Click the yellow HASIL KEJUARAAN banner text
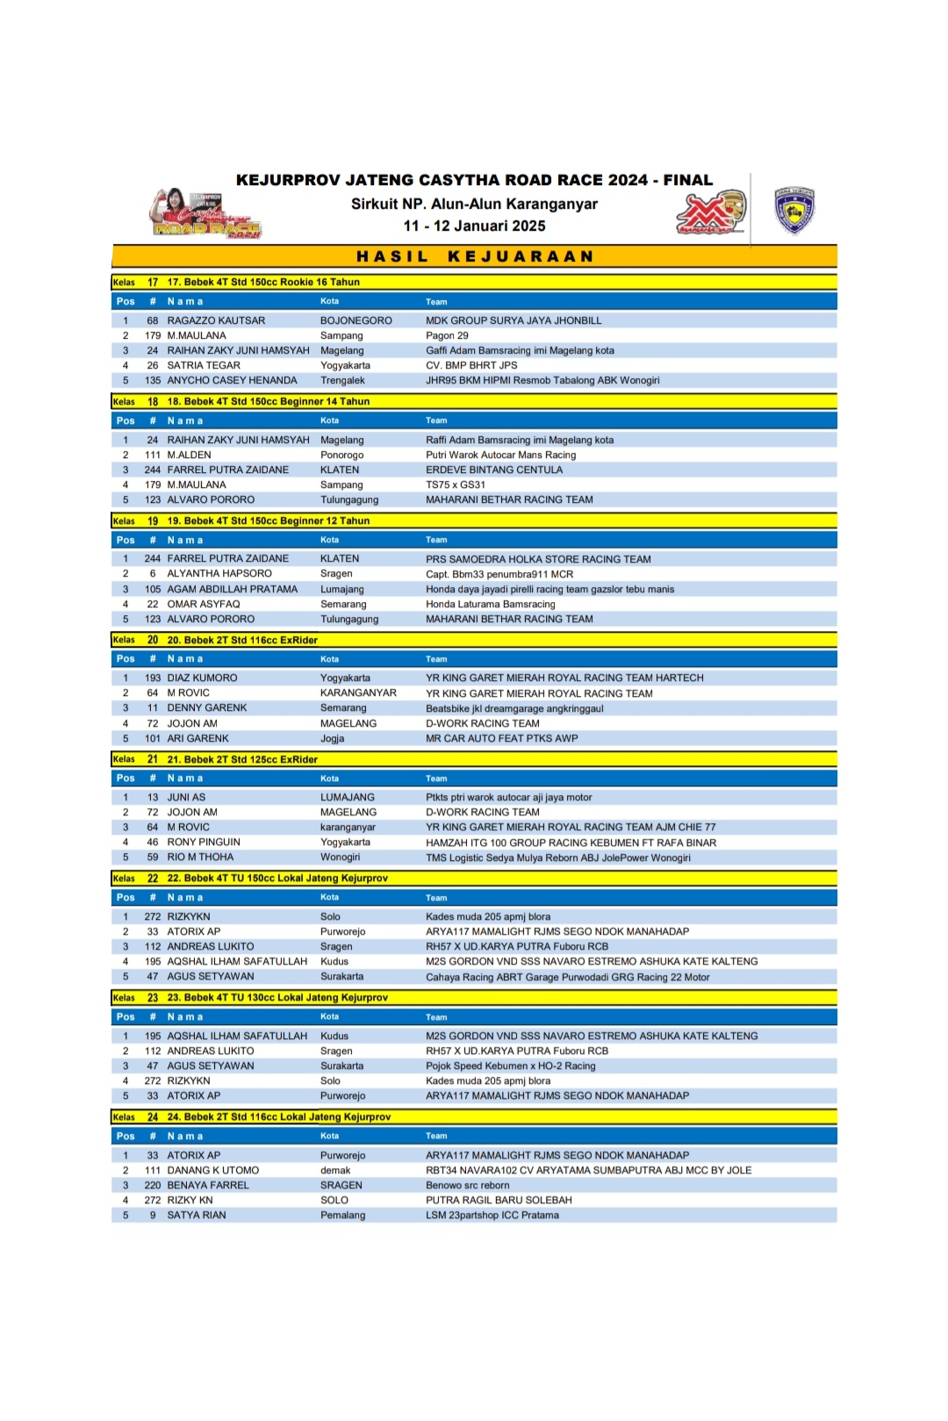click(x=475, y=256)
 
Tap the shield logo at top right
click(x=794, y=211)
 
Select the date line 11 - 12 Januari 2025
click(x=474, y=226)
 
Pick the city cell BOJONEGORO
click(x=355, y=320)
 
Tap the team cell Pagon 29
click(x=447, y=335)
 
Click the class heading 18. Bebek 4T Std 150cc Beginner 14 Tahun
click(x=268, y=401)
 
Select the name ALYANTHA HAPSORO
click(x=219, y=573)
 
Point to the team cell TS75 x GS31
click(x=455, y=484)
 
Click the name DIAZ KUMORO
click(x=202, y=678)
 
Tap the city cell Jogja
click(x=332, y=738)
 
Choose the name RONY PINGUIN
click(x=204, y=842)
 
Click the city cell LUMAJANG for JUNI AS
click(x=347, y=797)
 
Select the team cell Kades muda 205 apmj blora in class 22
click(x=488, y=916)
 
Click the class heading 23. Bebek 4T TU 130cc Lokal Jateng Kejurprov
click(x=277, y=997)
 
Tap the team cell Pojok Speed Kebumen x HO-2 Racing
click(x=510, y=1066)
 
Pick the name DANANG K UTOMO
click(x=213, y=1170)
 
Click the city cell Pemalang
click(x=342, y=1215)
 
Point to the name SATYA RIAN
click(x=197, y=1215)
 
